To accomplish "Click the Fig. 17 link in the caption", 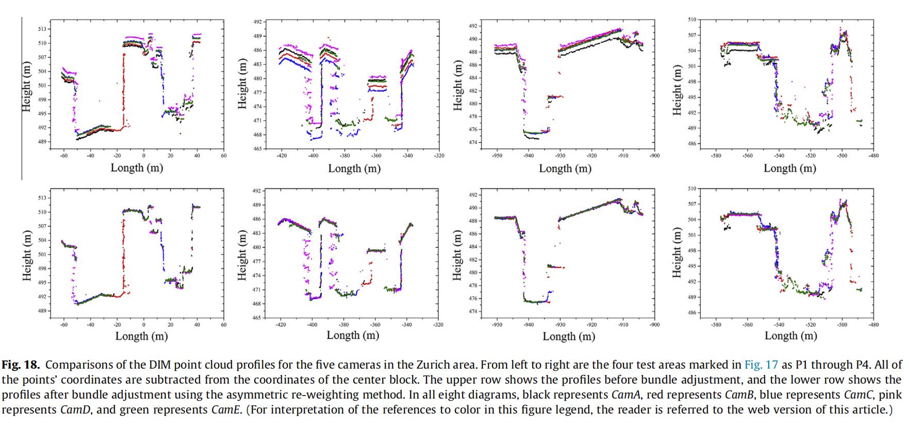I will tap(761, 365).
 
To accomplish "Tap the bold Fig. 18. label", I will tap(21, 365).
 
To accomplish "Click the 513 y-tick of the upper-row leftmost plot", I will tap(43, 29).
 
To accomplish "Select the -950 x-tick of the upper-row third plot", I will tap(497, 155).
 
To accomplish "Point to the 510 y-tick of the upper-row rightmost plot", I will tap(692, 19).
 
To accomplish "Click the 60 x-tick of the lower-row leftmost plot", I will tap(224, 325).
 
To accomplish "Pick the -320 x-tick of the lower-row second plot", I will tap(439, 325).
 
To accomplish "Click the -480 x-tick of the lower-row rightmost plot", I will tap(873, 325).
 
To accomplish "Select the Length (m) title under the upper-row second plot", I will tap(354, 168).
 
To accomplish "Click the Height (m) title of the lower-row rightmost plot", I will tap(677, 252).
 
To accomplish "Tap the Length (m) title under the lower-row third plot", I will tap(569, 336).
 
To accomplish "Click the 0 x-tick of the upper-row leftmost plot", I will tap(144, 155).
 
